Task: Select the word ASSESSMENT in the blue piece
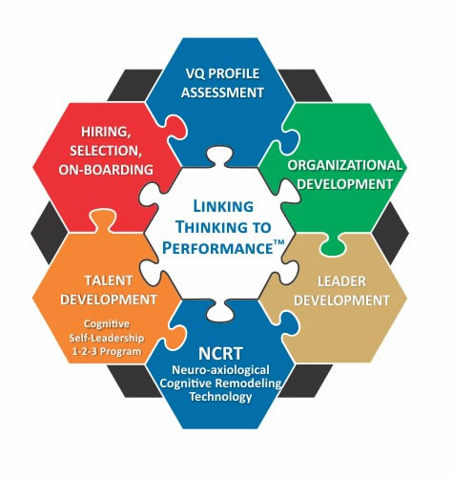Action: (x=222, y=93)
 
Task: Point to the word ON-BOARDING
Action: (x=106, y=170)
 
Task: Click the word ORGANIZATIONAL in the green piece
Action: (x=344, y=165)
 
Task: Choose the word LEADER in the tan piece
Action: (x=341, y=281)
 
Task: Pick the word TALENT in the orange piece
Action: (x=109, y=280)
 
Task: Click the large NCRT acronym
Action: (x=220, y=353)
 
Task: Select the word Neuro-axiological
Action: (x=220, y=370)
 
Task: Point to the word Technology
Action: (x=220, y=397)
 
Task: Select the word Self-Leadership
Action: (x=107, y=338)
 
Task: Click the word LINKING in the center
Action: (x=223, y=207)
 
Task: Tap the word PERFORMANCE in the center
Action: (x=217, y=248)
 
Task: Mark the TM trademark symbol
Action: (x=278, y=243)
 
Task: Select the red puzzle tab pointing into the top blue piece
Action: (x=175, y=127)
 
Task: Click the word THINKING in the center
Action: (x=223, y=227)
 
